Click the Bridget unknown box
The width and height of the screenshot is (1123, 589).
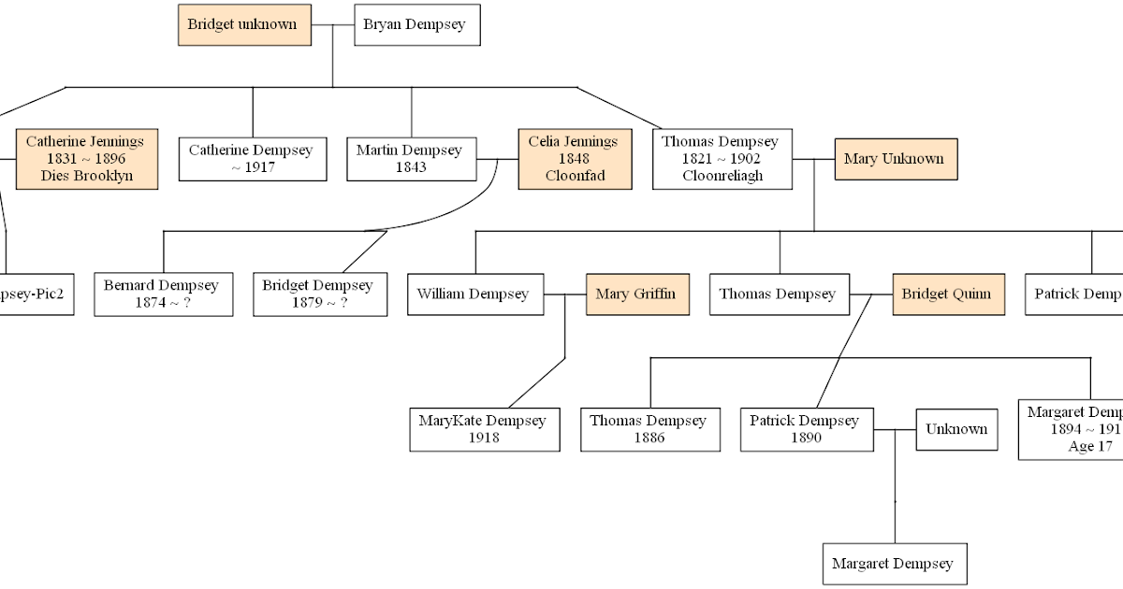pos(244,25)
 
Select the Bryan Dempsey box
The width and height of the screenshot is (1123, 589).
pos(417,25)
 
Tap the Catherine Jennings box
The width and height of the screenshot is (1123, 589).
pos(86,159)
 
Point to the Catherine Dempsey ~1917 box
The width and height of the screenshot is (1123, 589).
pos(252,159)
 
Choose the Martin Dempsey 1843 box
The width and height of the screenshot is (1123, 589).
pos(411,159)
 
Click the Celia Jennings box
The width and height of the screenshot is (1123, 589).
pos(575,159)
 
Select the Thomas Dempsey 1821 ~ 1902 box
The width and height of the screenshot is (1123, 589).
pos(722,159)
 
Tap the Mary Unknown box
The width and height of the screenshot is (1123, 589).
pos(896,159)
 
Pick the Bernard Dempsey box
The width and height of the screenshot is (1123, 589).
pos(164,294)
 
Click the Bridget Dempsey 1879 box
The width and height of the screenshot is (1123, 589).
pos(319,294)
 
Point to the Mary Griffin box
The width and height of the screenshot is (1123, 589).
pos(637,294)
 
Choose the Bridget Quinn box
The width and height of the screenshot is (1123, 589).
pos(948,294)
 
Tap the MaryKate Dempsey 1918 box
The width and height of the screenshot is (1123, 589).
pos(484,429)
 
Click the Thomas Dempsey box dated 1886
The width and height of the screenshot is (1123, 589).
pos(649,429)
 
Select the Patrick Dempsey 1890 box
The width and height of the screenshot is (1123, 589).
pos(806,429)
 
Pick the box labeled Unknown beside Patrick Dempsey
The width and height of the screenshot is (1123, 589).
pos(956,429)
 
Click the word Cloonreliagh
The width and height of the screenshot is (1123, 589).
pos(722,176)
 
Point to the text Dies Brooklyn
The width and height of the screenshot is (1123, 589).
pos(86,176)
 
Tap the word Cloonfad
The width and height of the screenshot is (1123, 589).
pos(575,176)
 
